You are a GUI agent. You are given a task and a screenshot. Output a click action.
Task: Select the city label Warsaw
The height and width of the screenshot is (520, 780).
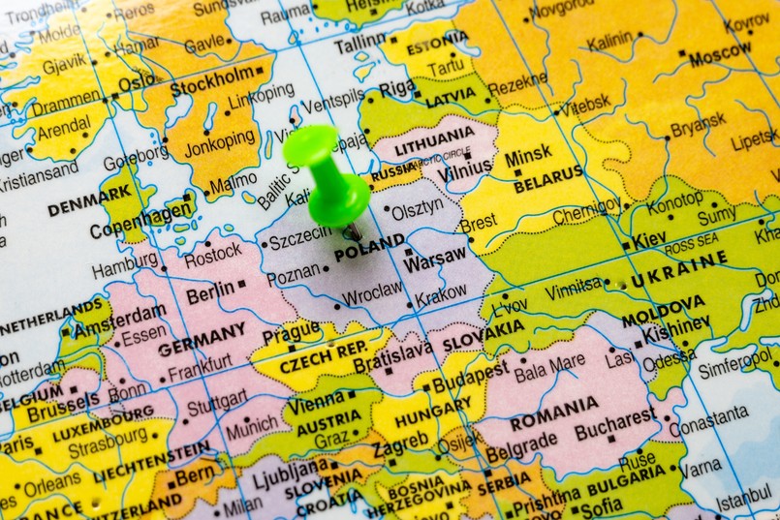click(435, 260)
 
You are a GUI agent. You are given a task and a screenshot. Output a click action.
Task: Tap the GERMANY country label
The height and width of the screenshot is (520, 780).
click(203, 339)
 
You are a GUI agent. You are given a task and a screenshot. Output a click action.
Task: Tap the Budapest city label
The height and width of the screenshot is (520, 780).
click(470, 377)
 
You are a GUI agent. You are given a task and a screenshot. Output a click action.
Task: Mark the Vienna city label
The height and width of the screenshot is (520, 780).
click(316, 404)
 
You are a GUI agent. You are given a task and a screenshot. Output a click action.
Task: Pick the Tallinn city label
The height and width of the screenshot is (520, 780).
click(359, 46)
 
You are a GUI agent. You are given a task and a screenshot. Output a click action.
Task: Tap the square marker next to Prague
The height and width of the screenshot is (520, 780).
click(291, 348)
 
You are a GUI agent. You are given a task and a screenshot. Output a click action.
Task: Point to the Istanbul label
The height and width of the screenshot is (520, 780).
click(745, 498)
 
